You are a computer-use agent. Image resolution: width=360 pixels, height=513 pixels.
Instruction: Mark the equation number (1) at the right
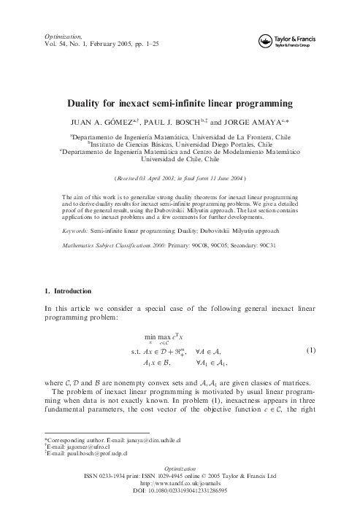coord(310,350)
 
